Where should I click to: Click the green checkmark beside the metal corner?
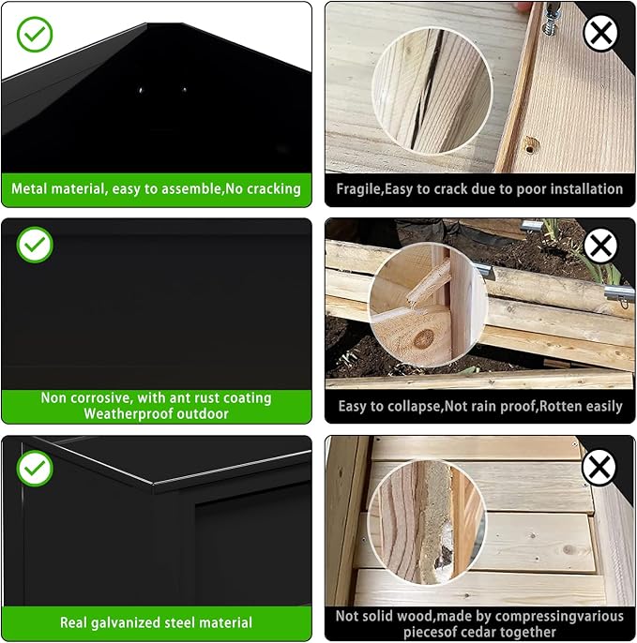coord(35,35)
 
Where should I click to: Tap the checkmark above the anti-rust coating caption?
coord(35,245)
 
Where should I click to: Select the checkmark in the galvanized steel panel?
coord(35,468)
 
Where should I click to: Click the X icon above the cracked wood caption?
coord(600,33)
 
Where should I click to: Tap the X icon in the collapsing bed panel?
coord(600,246)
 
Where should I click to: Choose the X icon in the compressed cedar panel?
coord(599,467)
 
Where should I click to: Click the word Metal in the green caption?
coord(29,188)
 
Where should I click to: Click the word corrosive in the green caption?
coord(97,397)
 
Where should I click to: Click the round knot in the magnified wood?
coord(424,338)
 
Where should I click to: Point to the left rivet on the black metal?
coord(141,90)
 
